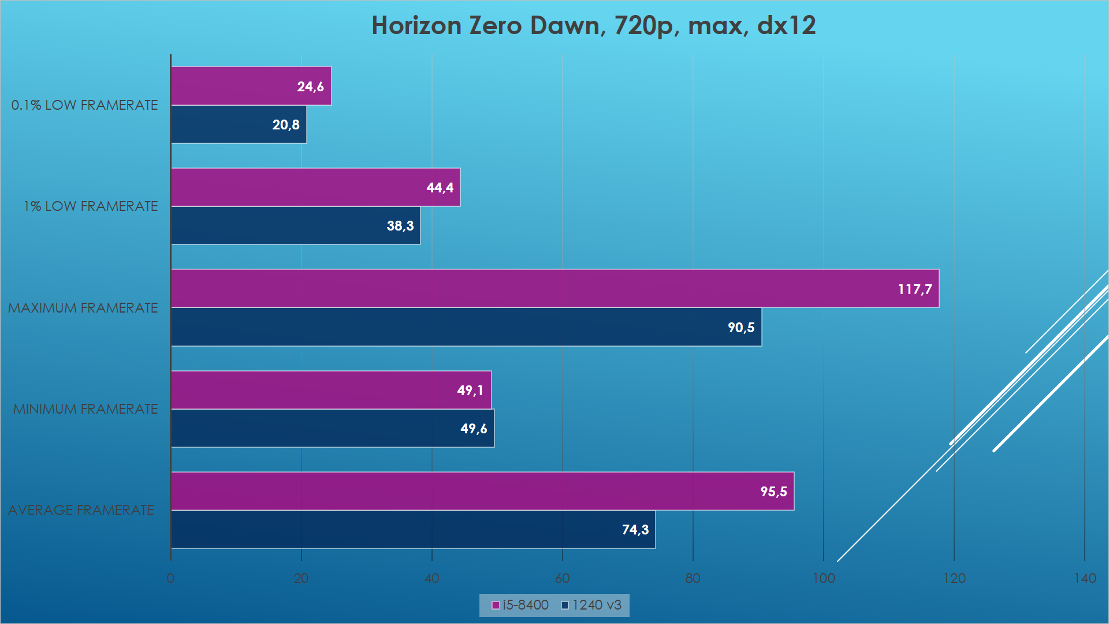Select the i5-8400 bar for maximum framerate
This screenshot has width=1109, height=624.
pos(555,288)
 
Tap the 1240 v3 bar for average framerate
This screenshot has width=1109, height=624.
pos(414,529)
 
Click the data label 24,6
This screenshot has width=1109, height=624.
pos(310,87)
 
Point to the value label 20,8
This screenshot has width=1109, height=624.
pos(286,125)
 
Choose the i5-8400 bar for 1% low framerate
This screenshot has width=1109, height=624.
pos(316,187)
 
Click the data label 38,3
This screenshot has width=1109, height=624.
pos(400,226)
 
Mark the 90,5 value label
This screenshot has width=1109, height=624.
pos(741,328)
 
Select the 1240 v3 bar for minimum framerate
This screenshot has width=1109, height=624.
pos(333,428)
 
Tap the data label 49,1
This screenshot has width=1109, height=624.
pos(470,391)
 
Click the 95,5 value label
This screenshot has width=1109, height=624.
pos(773,492)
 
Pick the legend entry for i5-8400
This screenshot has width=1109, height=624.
pos(520,605)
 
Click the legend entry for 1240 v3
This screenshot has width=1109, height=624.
pos(591,605)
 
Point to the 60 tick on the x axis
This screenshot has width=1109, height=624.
pos(562,578)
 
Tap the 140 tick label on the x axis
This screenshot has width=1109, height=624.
pos(1085,578)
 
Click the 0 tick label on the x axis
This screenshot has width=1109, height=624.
pos(170,578)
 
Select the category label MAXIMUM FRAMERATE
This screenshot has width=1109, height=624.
pos(83,308)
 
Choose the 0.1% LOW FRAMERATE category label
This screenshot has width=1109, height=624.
pos(84,105)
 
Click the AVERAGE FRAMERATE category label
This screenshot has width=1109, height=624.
pos(81,510)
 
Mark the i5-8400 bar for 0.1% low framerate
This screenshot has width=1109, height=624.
pos(251,86)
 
